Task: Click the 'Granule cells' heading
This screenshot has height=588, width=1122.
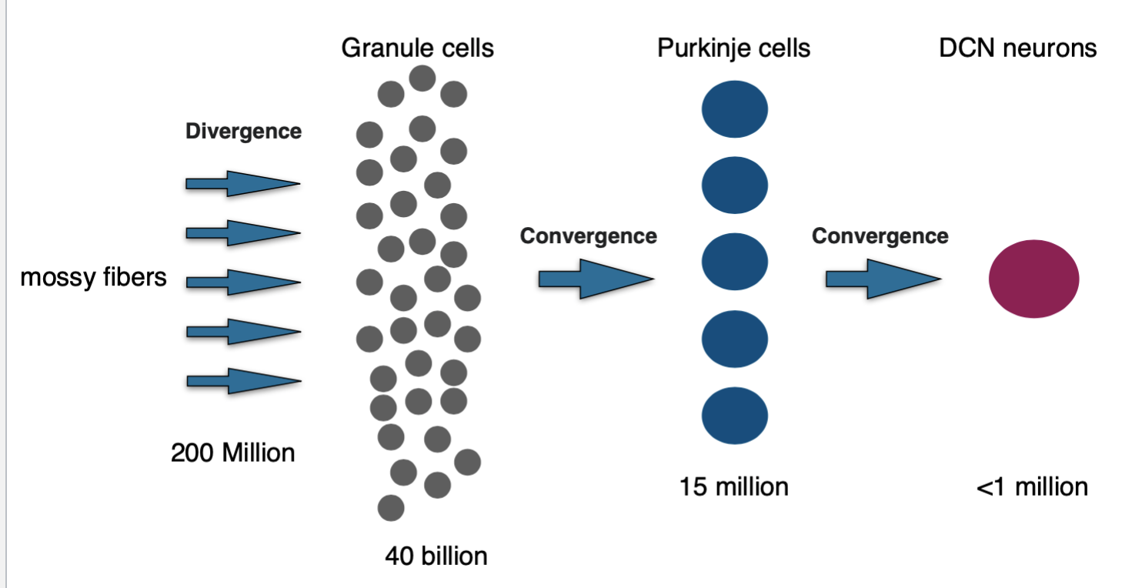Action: (x=417, y=48)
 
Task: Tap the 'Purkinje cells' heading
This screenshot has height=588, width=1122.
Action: (x=733, y=48)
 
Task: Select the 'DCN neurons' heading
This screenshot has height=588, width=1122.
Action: (x=1018, y=48)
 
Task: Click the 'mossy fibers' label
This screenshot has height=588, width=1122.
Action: (x=93, y=277)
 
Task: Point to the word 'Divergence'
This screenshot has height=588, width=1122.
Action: (x=243, y=132)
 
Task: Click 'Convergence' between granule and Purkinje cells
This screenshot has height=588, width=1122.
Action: (x=588, y=236)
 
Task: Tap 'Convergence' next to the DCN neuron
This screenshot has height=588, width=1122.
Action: (x=880, y=236)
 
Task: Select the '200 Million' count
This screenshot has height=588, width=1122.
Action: (x=232, y=453)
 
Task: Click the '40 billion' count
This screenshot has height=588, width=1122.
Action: (x=436, y=556)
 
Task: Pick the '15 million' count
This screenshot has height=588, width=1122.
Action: (x=733, y=487)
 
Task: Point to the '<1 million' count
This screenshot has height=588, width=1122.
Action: (x=1032, y=487)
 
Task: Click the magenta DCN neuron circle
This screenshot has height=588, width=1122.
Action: (x=1034, y=279)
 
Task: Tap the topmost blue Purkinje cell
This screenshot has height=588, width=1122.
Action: (x=735, y=109)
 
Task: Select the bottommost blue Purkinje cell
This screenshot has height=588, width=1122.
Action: (x=735, y=416)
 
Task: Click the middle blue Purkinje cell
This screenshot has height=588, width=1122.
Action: (x=735, y=262)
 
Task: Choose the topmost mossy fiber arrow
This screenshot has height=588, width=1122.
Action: (x=243, y=184)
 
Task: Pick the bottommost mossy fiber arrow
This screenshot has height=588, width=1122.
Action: (x=244, y=381)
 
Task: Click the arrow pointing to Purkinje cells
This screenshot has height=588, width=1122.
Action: (x=596, y=279)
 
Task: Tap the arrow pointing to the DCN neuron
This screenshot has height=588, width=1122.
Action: (x=883, y=279)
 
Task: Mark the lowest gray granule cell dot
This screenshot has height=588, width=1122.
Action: (x=391, y=508)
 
